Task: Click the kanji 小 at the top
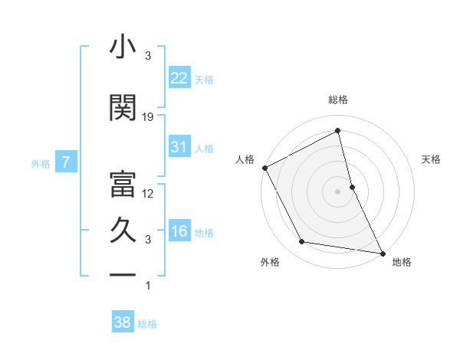tap(123, 47)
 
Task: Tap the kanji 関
tap(123, 107)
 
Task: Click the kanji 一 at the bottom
tap(123, 274)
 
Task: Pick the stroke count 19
tap(149, 117)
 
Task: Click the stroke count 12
tap(149, 194)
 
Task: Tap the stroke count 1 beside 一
tap(149, 286)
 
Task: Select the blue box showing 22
tap(179, 78)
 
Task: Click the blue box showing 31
tap(179, 147)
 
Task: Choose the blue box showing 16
tap(179, 231)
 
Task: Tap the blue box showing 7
tap(66, 162)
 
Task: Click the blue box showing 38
tap(123, 322)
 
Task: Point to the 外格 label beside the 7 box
tap(41, 163)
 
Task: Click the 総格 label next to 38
tap(147, 324)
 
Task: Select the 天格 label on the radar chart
tap(432, 160)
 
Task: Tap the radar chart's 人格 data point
tap(264, 168)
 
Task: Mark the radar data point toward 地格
tap(381, 252)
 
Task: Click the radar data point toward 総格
tap(337, 132)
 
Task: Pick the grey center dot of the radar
tap(337, 191)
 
